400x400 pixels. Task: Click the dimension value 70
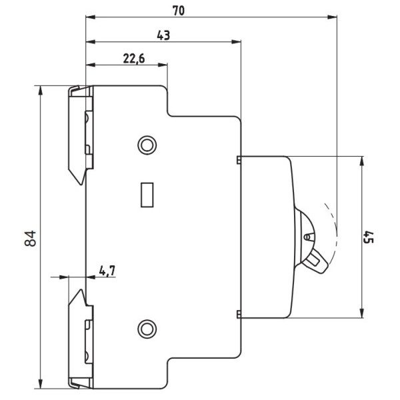point(178,11)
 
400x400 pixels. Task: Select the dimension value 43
point(163,35)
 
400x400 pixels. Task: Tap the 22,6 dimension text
point(134,59)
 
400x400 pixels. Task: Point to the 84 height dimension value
point(31,238)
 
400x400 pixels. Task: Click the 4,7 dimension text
point(107,271)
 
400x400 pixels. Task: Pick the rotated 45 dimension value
point(369,237)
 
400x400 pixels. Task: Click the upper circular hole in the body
point(147,145)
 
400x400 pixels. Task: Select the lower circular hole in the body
point(147,329)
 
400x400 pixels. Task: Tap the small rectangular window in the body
point(147,195)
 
